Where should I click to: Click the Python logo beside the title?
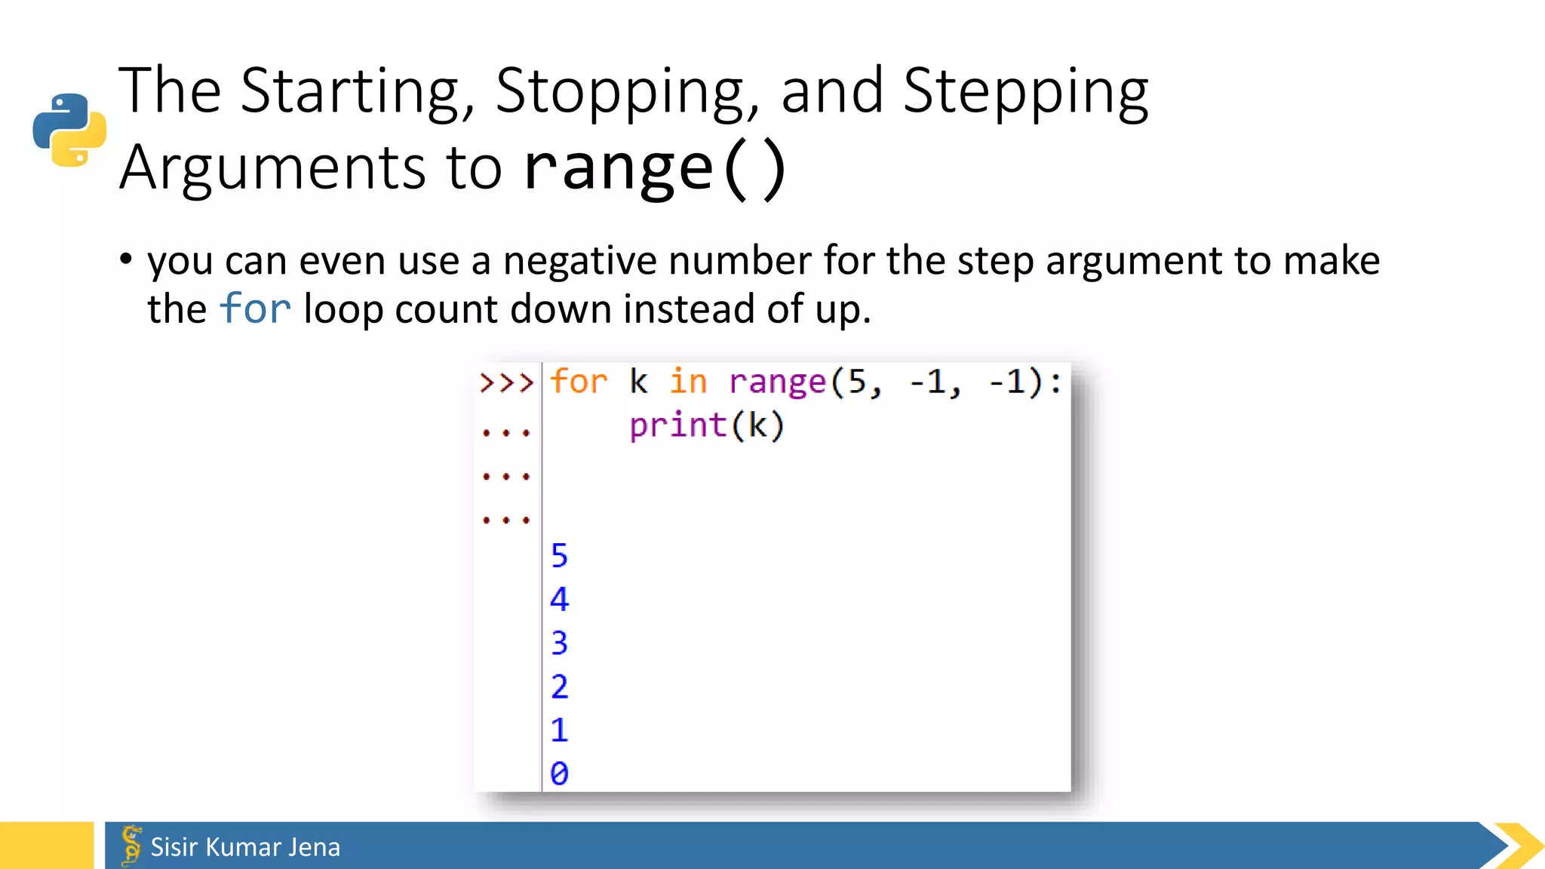[x=69, y=130]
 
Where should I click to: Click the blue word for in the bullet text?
[x=255, y=309]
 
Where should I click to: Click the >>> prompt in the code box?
[x=506, y=382]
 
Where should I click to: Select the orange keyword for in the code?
[x=578, y=382]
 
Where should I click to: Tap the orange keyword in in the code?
[x=688, y=382]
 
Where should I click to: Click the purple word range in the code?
[x=777, y=382]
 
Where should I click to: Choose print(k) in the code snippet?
[x=707, y=426]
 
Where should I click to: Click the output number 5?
[x=559, y=556]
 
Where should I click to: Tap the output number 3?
[x=559, y=643]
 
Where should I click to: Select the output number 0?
[x=559, y=774]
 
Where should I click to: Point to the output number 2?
[x=559, y=687]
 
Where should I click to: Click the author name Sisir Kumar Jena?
[x=245, y=847]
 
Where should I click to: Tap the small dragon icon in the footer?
[x=131, y=846]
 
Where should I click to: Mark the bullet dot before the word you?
[x=126, y=259]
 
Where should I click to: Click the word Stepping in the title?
[x=1024, y=91]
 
